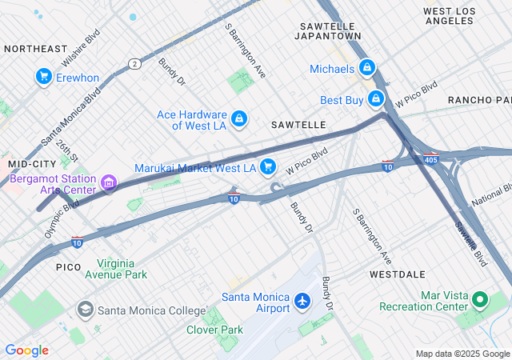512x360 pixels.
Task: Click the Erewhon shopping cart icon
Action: (44, 77)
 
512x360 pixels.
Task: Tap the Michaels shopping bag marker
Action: (367, 68)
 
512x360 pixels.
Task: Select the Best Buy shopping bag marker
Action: (376, 99)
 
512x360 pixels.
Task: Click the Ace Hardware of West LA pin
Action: (238, 120)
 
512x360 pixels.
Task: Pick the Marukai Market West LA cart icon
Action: (269, 167)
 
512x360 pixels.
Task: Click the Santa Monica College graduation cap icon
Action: (85, 309)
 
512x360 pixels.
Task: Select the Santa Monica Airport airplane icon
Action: (302, 302)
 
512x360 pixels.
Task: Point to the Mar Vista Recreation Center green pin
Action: (480, 301)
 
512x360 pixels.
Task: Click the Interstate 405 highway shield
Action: (430, 158)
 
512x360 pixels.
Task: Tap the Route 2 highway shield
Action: (134, 63)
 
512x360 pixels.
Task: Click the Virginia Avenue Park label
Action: (122, 269)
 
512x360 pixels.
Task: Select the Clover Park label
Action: (214, 330)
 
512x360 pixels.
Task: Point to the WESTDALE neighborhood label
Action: (398, 274)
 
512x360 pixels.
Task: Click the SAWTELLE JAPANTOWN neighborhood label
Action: (328, 31)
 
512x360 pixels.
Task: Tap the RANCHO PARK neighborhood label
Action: (478, 100)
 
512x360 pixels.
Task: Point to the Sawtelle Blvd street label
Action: (471, 245)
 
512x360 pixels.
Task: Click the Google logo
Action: (26, 350)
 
